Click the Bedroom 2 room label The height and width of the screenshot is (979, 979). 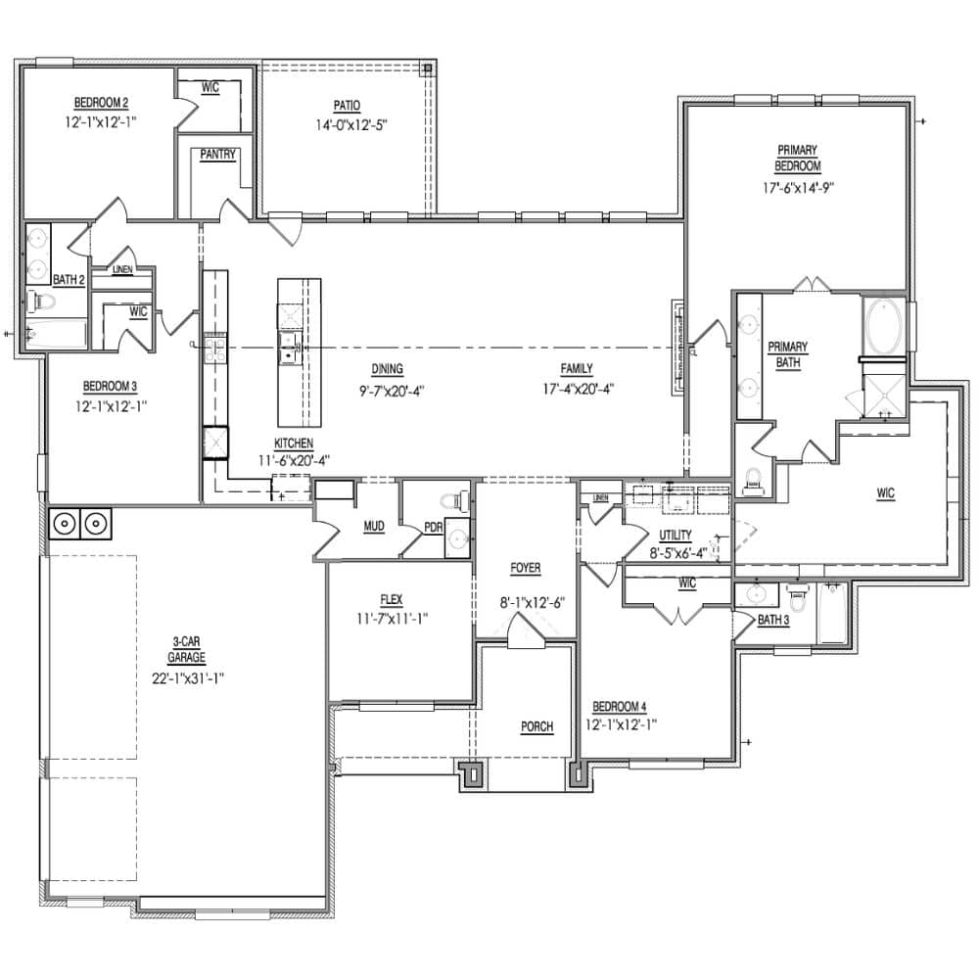[102, 103]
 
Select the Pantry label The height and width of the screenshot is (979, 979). [217, 155]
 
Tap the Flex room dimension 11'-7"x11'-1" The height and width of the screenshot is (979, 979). [392, 618]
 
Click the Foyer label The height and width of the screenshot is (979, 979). [525, 568]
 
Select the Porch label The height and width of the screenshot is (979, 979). [536, 726]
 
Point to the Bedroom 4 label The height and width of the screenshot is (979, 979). [619, 706]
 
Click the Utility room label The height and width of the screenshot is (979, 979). [676, 536]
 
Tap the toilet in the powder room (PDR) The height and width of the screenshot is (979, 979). [453, 501]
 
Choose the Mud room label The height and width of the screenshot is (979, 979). [373, 527]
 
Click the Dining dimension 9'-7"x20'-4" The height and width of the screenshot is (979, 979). [388, 389]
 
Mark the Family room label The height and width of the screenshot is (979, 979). [577, 369]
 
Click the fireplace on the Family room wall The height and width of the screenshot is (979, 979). [676, 348]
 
